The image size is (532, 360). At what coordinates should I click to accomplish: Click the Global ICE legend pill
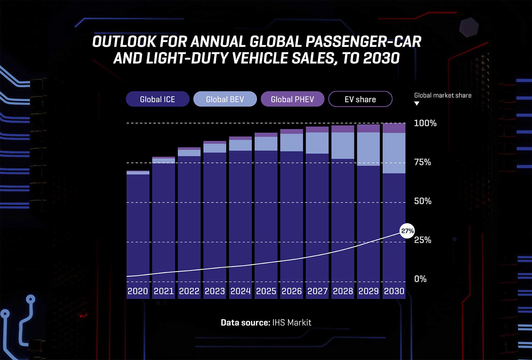[x=157, y=99]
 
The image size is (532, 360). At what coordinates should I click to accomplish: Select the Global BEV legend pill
[x=225, y=99]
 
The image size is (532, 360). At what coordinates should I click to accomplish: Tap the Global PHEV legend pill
[x=292, y=99]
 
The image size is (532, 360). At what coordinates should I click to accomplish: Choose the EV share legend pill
[x=360, y=99]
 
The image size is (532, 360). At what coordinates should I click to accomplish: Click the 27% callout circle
[x=407, y=231]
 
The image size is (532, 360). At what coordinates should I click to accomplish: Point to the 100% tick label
[x=425, y=123]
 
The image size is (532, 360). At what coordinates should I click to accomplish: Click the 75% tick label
[x=423, y=162]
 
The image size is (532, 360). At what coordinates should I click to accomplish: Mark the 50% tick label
[x=423, y=201]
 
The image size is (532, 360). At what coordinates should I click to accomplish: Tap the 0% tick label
[x=420, y=279]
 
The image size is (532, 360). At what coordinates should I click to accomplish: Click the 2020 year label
[x=138, y=291]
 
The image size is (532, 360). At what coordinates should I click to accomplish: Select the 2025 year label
[x=266, y=291]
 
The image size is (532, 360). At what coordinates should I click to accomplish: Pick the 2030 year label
[x=394, y=291]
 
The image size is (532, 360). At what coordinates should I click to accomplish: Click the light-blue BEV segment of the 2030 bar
[x=394, y=153]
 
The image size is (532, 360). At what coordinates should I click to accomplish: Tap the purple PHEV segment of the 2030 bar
[x=394, y=128]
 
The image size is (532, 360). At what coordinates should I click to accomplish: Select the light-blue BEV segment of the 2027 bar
[x=317, y=143]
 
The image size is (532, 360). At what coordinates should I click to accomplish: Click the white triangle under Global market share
[x=417, y=104]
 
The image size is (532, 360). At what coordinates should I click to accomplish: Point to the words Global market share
[x=443, y=95]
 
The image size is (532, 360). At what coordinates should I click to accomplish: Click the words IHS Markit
[x=292, y=323]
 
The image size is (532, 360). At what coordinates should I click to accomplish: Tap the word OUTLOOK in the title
[x=124, y=42]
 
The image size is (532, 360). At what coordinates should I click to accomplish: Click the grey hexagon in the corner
[x=469, y=27]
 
